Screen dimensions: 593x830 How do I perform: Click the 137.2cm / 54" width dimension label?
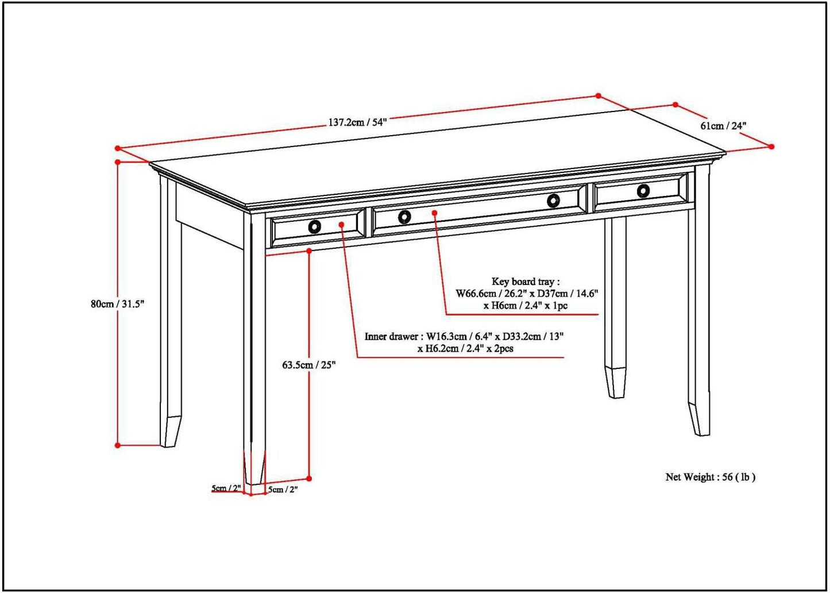[357, 122]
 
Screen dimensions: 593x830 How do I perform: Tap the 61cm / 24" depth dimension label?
[723, 126]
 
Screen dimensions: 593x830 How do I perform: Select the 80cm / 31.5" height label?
[117, 304]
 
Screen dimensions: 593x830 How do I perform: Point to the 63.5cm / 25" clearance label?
[308, 364]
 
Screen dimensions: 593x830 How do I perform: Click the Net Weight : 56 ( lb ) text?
[710, 477]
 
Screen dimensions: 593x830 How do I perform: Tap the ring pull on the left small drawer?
[314, 226]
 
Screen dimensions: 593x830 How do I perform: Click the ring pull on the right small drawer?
[643, 191]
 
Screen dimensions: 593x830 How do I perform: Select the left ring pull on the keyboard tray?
[404, 217]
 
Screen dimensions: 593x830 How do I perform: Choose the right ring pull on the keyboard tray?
[553, 201]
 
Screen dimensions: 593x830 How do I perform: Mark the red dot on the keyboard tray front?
[435, 213]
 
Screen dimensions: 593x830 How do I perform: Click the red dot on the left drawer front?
[342, 224]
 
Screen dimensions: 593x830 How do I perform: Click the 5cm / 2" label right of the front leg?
[283, 490]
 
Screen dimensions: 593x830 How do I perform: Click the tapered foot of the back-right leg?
[616, 382]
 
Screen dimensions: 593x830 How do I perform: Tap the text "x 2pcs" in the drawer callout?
[500, 348]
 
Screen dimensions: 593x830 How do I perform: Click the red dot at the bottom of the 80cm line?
[118, 445]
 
